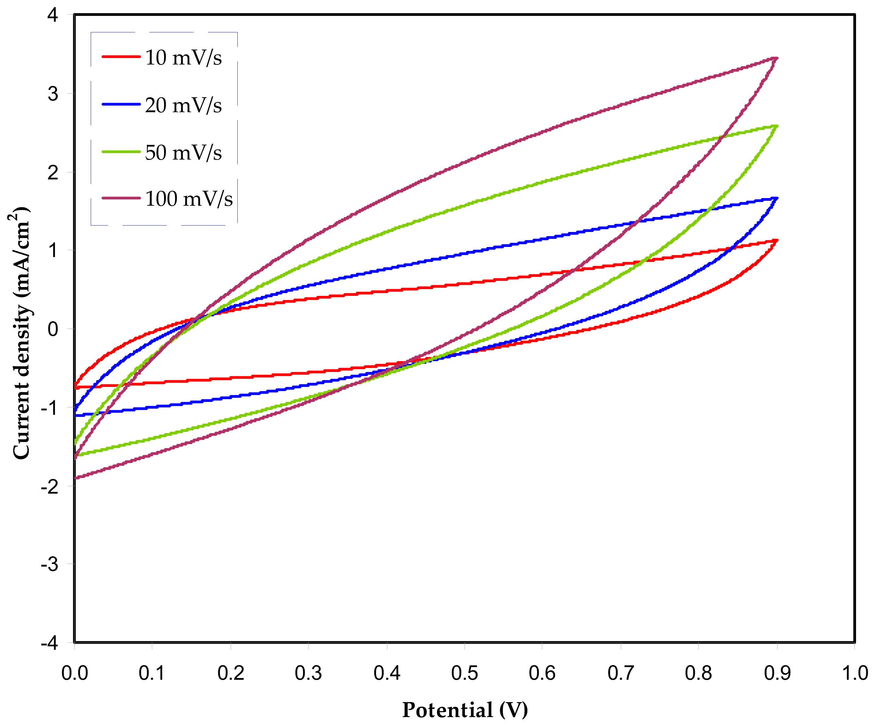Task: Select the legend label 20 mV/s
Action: click(183, 105)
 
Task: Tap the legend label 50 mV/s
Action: click(183, 152)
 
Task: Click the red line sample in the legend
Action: click(121, 56)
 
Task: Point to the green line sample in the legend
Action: click(121, 151)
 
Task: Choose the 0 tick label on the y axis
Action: click(53, 329)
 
